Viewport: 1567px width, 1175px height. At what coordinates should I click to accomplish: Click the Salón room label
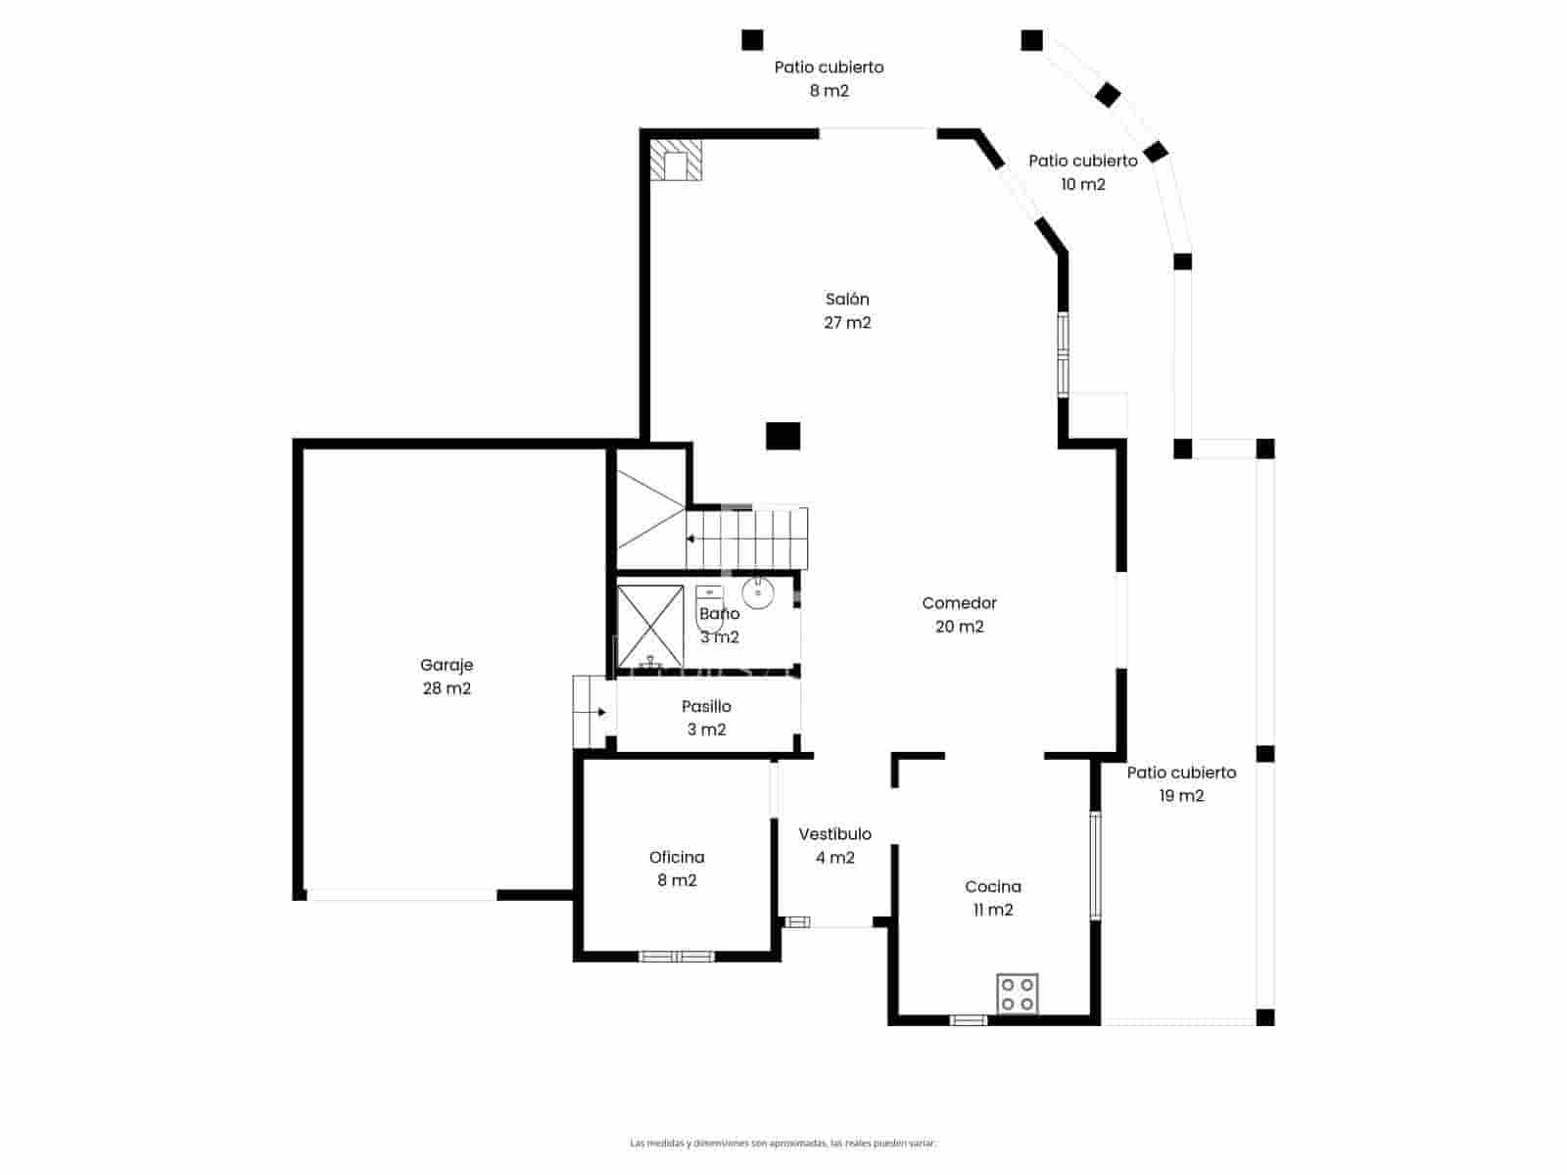click(x=847, y=310)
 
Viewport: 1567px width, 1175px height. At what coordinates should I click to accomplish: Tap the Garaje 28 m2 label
click(x=447, y=677)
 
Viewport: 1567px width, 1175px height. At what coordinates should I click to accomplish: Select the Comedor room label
click(x=959, y=615)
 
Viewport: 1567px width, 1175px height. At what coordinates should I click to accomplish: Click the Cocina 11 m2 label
click(x=992, y=898)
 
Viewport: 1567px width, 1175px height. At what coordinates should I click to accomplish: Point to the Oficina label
click(x=677, y=869)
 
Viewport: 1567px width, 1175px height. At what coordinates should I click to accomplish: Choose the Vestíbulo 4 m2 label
click(x=834, y=845)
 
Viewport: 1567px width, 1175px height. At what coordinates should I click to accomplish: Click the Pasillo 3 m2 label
click(x=706, y=718)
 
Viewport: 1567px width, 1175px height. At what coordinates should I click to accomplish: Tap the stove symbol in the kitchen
click(x=1017, y=994)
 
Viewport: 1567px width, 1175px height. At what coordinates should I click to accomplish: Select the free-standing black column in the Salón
click(x=783, y=436)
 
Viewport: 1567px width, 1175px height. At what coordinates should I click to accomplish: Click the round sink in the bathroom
click(x=758, y=591)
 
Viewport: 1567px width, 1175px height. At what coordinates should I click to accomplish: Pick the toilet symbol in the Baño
click(x=709, y=607)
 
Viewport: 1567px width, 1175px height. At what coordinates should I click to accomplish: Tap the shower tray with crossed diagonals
click(x=650, y=626)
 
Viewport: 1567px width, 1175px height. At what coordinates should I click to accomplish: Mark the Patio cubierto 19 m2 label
click(x=1181, y=783)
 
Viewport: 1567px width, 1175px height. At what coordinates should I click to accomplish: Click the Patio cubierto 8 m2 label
click(x=829, y=78)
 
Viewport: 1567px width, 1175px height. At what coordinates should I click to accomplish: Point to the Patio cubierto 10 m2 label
click(x=1082, y=172)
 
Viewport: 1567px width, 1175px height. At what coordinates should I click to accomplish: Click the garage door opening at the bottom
click(x=402, y=895)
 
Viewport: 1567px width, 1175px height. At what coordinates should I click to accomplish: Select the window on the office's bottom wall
click(x=677, y=957)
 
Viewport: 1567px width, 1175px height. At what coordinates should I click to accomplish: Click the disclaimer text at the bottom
click(x=783, y=1143)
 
